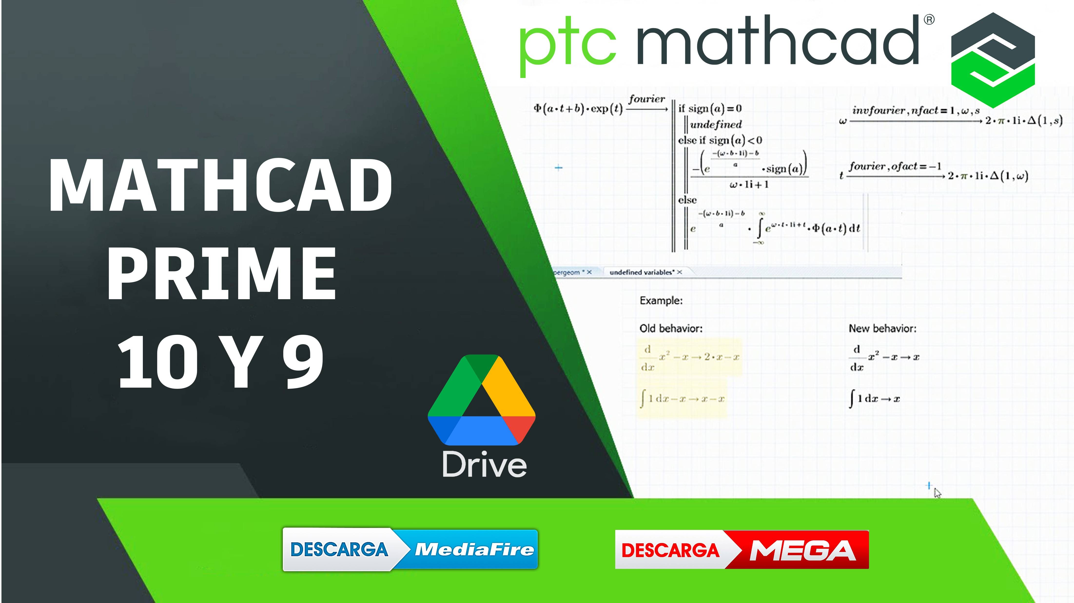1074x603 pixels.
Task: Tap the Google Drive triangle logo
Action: (482, 400)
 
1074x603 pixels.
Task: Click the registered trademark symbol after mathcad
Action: (929, 19)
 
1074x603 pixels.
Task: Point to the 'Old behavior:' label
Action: (671, 328)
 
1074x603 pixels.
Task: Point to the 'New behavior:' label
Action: (882, 328)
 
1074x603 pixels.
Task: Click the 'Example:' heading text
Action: (661, 300)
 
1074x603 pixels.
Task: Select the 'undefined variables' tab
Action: (641, 272)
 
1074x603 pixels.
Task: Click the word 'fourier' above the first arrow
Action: (647, 99)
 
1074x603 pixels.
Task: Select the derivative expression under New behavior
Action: (884, 358)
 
